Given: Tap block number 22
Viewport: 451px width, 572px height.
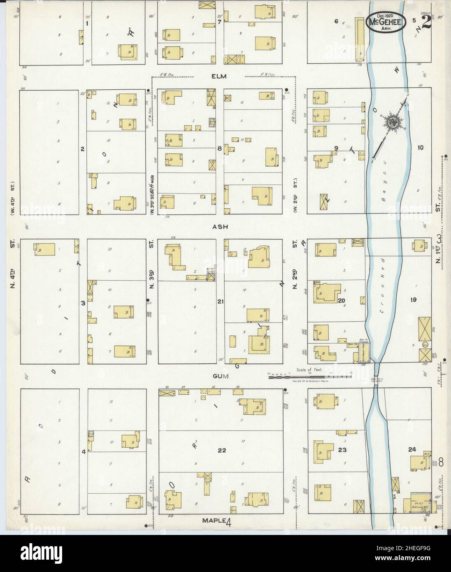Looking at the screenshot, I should click(222, 451).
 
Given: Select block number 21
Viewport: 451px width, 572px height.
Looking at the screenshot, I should click(220, 302).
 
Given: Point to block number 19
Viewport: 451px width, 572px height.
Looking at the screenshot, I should click(413, 300).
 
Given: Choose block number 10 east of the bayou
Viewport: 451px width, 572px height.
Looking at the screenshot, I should click(420, 147).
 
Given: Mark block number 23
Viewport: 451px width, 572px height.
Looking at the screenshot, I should click(342, 450).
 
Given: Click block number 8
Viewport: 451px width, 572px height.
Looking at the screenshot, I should click(220, 149).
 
